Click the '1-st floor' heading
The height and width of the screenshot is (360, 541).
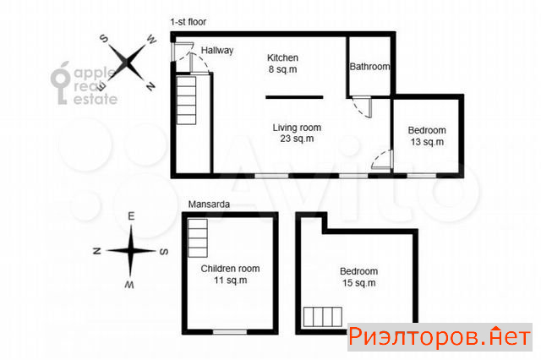click(x=189, y=22)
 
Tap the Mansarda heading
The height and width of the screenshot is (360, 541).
click(x=209, y=205)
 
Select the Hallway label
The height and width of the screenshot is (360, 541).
click(x=217, y=51)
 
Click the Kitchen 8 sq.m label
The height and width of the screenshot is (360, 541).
click(x=282, y=63)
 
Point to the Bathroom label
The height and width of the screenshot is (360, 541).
click(x=369, y=66)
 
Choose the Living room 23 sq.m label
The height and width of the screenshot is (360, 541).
click(x=297, y=134)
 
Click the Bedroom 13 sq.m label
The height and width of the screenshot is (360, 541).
click(x=427, y=136)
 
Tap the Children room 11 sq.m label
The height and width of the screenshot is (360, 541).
click(x=230, y=274)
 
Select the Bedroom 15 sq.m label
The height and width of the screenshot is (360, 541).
click(x=358, y=277)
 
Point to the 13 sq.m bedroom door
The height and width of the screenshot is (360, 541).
click(x=383, y=160)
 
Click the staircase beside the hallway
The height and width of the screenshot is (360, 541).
click(x=186, y=101)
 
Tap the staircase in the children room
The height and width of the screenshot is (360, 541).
click(x=198, y=238)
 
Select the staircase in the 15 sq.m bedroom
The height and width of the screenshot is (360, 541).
click(x=323, y=317)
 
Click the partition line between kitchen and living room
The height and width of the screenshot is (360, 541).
click(x=294, y=97)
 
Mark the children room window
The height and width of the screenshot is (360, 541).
click(x=230, y=332)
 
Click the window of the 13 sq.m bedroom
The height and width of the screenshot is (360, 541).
click(x=422, y=176)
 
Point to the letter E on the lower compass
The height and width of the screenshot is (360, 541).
click(x=131, y=216)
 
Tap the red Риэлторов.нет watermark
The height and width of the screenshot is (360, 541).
click(x=440, y=337)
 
